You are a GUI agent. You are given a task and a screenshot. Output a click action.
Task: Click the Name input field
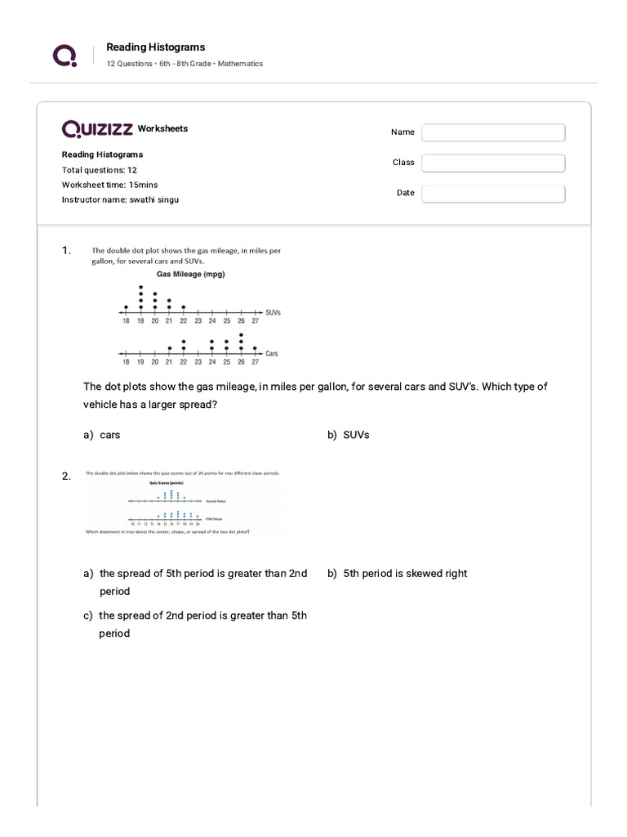(493, 132)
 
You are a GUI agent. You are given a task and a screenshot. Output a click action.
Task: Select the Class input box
(493, 163)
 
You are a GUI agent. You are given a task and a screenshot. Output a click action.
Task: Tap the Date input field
(493, 194)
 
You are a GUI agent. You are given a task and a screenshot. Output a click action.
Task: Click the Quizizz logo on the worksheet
(98, 129)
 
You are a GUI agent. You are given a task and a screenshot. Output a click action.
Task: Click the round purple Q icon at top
(64, 55)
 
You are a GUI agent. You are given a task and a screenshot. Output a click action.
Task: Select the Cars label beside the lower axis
(272, 353)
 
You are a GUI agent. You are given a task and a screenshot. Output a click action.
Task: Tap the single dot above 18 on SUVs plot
(126, 307)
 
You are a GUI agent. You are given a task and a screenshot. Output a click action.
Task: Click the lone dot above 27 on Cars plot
(256, 348)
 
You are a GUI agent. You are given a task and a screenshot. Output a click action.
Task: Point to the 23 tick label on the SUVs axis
(198, 321)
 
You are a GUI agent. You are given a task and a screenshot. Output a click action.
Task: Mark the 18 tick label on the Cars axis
(126, 361)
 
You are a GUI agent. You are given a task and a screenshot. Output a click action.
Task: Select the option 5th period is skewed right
(398, 574)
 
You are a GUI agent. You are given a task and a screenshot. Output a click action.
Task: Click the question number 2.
(66, 477)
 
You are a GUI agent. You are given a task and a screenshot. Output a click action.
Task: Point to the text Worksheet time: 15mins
(110, 185)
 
